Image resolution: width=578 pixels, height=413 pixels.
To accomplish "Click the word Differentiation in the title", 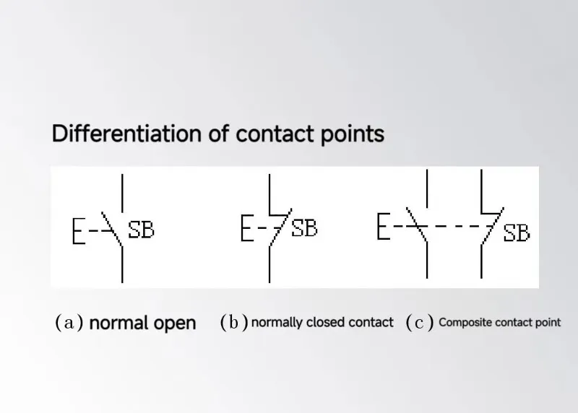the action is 126,133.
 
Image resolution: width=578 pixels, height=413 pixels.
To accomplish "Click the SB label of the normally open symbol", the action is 141,230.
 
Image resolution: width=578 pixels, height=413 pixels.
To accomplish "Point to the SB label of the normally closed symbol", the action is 304,228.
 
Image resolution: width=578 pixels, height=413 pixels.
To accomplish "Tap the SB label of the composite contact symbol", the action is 517,232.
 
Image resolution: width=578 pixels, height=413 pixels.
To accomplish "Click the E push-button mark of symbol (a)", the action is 79,231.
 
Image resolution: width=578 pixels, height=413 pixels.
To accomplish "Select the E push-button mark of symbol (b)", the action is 247,228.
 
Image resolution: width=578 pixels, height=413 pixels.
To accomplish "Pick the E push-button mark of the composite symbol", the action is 384,226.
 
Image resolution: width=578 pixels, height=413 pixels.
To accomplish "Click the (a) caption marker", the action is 69,322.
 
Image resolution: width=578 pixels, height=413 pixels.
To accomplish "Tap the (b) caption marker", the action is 234,322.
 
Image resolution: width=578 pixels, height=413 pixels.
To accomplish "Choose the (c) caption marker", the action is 420,323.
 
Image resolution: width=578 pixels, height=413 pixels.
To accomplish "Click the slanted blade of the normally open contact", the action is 111,229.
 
